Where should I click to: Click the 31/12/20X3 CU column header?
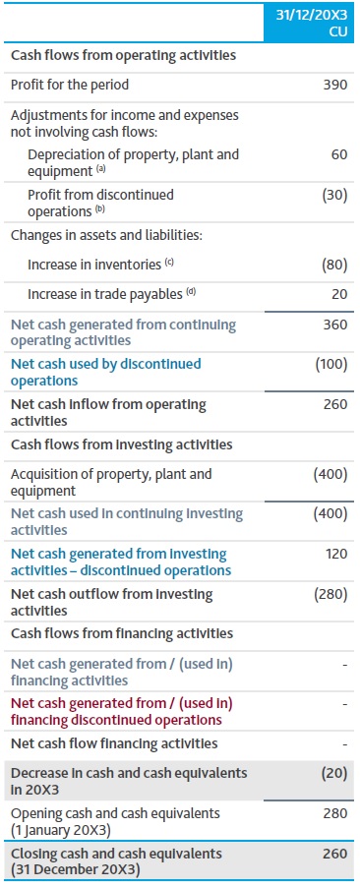tap(309, 24)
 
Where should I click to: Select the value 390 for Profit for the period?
tap(334, 85)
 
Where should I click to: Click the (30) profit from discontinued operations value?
tap(334, 195)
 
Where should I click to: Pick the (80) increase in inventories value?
tap(334, 265)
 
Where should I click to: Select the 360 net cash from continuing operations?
tap(334, 325)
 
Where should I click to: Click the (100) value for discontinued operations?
tap(331, 364)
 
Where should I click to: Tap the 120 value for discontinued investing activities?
tap(334, 554)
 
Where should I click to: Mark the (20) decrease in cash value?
tap(334, 773)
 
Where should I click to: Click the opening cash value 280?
tap(334, 813)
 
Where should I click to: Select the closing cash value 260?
tap(334, 854)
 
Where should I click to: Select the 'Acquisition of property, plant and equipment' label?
tap(110, 482)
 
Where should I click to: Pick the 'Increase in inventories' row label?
tap(100, 265)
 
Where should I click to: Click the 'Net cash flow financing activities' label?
tap(113, 743)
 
